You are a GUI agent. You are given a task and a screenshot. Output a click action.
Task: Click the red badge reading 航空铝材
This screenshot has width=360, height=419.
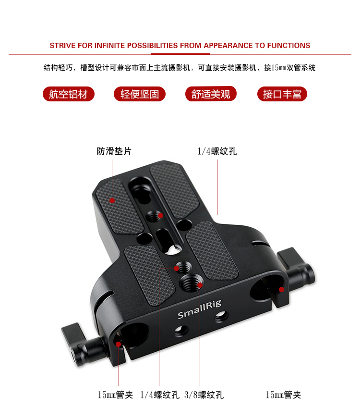click(x=69, y=94)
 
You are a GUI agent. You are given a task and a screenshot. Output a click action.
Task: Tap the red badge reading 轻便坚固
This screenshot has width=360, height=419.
click(x=140, y=94)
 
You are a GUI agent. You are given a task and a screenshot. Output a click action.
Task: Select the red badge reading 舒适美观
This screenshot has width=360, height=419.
click(x=211, y=94)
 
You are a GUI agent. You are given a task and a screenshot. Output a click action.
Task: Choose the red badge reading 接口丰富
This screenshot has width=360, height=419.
click(x=282, y=94)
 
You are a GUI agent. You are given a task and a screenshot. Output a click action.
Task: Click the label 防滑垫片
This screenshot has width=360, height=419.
click(x=114, y=151)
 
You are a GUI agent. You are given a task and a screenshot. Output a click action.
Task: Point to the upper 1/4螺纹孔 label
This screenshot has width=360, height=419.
click(x=217, y=151)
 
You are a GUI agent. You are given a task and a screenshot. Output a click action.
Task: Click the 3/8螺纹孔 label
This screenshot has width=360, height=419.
click(x=204, y=394)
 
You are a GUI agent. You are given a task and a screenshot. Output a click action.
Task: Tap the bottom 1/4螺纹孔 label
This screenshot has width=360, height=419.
click(x=159, y=394)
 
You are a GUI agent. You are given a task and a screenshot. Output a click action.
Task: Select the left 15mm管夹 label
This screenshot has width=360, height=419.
click(x=115, y=394)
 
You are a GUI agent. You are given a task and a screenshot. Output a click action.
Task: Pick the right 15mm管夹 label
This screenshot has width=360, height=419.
click(x=283, y=394)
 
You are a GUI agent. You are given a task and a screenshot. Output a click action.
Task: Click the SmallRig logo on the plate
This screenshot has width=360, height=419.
click(x=200, y=309)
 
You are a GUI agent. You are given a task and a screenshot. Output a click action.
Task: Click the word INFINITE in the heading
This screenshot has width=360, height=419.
click(x=109, y=46)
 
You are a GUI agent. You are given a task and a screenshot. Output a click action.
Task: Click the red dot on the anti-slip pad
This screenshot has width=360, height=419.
click(x=112, y=200)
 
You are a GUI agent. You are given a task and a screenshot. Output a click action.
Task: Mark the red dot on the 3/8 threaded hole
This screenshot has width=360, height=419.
click(x=200, y=285)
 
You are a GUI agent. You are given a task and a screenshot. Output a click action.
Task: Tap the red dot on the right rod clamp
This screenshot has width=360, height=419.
click(x=282, y=289)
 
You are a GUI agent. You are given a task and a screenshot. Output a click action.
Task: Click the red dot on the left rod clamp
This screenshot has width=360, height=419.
click(x=119, y=344)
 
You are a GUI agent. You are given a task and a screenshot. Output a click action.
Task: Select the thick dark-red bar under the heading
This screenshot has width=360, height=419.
click(x=180, y=54)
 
